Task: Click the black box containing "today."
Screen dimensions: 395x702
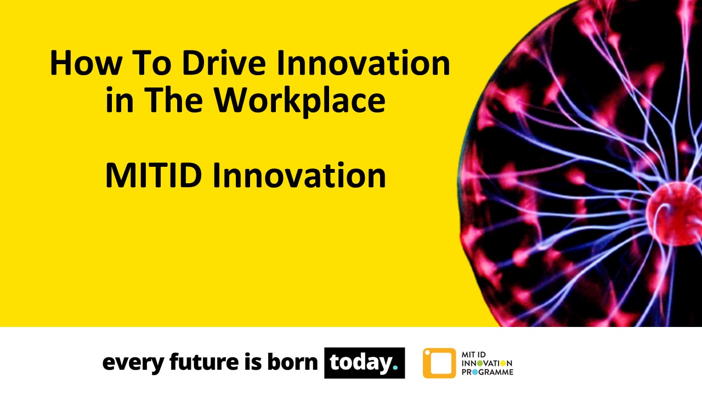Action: pos(364,363)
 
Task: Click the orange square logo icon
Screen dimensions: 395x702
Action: pos(439,363)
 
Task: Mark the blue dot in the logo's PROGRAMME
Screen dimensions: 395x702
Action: pos(476,372)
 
